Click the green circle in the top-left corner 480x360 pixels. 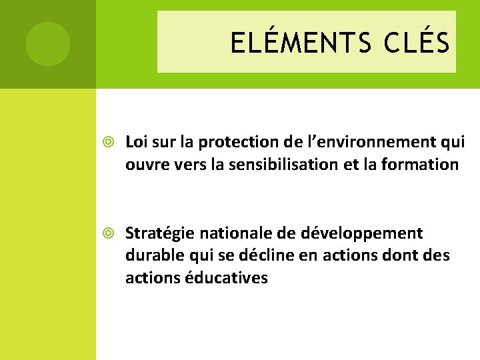[x=48, y=44]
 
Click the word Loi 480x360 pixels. [x=136, y=142]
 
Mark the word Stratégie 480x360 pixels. [x=156, y=233]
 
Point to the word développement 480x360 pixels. [x=361, y=233]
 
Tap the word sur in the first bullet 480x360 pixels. [x=162, y=142]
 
